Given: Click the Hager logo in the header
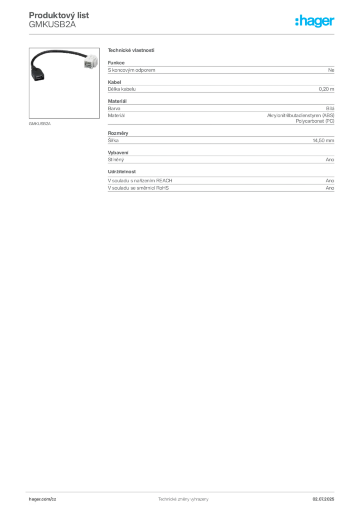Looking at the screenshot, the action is tap(315, 21).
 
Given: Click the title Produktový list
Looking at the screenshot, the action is tap(59, 15).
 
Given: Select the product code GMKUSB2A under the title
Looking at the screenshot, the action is tap(52, 25).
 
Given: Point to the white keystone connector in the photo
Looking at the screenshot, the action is tap(91, 61).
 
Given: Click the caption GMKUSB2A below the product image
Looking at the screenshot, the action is tap(40, 124).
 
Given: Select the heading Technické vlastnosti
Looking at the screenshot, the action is tap(131, 50).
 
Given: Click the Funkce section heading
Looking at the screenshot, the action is tap(116, 63).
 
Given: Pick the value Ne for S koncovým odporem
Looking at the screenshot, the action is tap(331, 70).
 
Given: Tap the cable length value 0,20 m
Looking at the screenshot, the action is tap(326, 89).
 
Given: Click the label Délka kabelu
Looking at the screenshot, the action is tap(122, 89).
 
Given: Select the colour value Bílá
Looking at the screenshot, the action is tap(330, 109).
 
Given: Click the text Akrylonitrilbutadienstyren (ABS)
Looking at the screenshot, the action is tap(301, 115).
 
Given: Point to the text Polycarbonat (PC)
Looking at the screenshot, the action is tap(315, 121).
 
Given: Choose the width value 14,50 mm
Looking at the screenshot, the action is tap(323, 141).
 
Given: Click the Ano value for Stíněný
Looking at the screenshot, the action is tap(330, 160).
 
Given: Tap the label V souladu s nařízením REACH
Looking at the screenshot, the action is tap(140, 181).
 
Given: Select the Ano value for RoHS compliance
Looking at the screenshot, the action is tap(330, 188).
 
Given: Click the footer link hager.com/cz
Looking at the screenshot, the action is tap(43, 499).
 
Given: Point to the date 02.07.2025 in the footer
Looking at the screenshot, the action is tap(323, 499).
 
